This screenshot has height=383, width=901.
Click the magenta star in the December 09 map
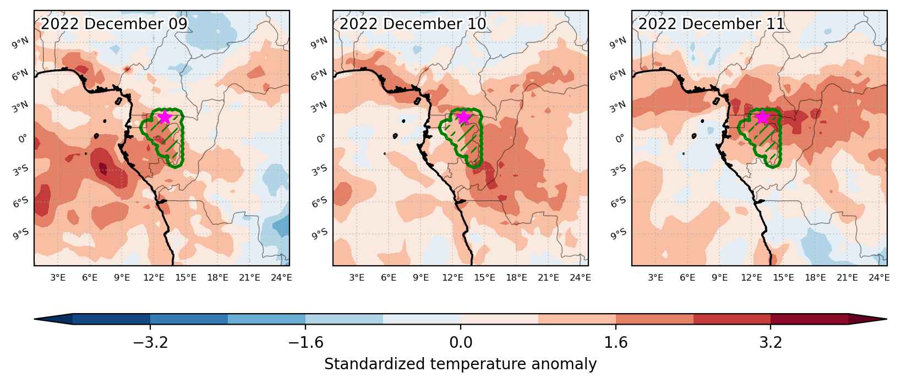pyautogui.click(x=165, y=117)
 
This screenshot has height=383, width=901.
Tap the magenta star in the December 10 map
pyautogui.click(x=463, y=117)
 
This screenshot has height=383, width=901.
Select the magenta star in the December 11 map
pyautogui.click(x=762, y=117)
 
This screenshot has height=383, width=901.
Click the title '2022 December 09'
pyautogui.click(x=114, y=24)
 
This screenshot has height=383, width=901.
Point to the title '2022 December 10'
pyautogui.click(x=413, y=24)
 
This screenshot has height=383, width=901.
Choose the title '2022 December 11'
pyautogui.click(x=712, y=24)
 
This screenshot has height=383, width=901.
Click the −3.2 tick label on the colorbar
pyautogui.click(x=150, y=342)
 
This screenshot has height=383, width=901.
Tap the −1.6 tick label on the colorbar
pyautogui.click(x=305, y=342)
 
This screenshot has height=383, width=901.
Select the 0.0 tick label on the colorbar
pyautogui.click(x=461, y=342)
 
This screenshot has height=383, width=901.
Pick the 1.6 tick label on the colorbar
pyautogui.click(x=616, y=342)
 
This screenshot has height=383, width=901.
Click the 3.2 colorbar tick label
pyautogui.click(x=771, y=342)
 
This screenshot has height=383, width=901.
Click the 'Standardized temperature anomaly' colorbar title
pyautogui.click(x=461, y=364)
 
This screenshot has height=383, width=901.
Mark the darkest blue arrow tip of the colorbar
pyautogui.click(x=35, y=319)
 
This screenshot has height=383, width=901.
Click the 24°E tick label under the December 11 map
pyautogui.click(x=879, y=277)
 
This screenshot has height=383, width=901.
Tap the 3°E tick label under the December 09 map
pyautogui.click(x=58, y=277)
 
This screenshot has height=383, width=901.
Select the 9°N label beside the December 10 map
pyautogui.click(x=319, y=43)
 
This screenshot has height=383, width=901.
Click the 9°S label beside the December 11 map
pyautogui.click(x=618, y=234)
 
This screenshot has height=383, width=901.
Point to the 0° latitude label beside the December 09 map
pyautogui.click(x=23, y=138)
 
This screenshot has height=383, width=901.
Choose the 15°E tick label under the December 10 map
pyautogui.click(x=484, y=277)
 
